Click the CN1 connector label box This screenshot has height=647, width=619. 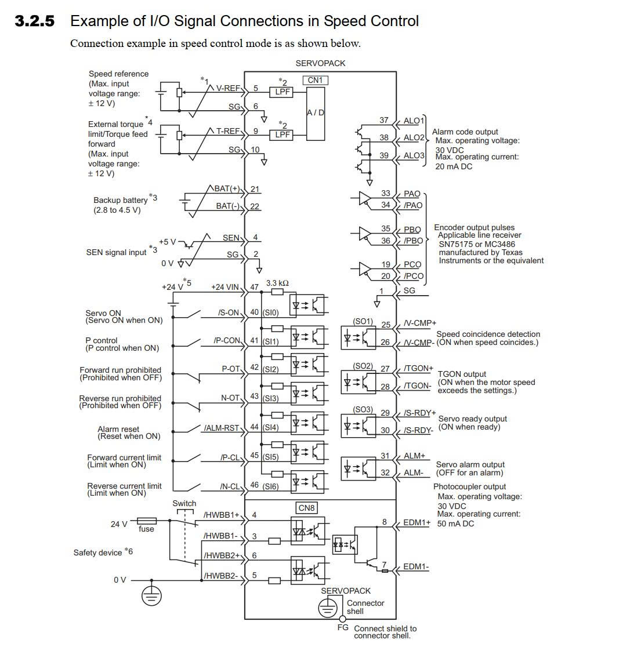click(315, 80)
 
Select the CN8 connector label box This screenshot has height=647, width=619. click(306, 508)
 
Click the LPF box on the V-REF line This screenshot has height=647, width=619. click(282, 92)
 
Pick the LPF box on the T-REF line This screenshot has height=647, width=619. click(282, 135)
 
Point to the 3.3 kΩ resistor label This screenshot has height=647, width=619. click(277, 283)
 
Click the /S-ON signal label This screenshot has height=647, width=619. click(229, 312)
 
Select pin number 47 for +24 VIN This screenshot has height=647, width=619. click(254, 287)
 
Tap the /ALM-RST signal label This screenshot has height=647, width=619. click(222, 428)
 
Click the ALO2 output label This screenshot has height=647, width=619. click(414, 137)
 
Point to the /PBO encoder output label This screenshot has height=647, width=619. click(414, 241)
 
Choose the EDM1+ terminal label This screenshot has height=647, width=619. click(417, 522)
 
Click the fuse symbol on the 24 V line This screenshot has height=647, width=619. click(147, 521)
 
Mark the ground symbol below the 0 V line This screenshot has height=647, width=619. click(151, 595)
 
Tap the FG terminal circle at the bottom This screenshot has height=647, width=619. click(342, 619)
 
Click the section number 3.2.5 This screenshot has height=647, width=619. click(35, 21)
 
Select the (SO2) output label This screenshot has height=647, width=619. click(363, 366)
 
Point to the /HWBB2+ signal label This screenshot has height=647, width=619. click(222, 555)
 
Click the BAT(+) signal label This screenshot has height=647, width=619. click(227, 188)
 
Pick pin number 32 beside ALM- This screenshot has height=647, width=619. click(385, 473)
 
